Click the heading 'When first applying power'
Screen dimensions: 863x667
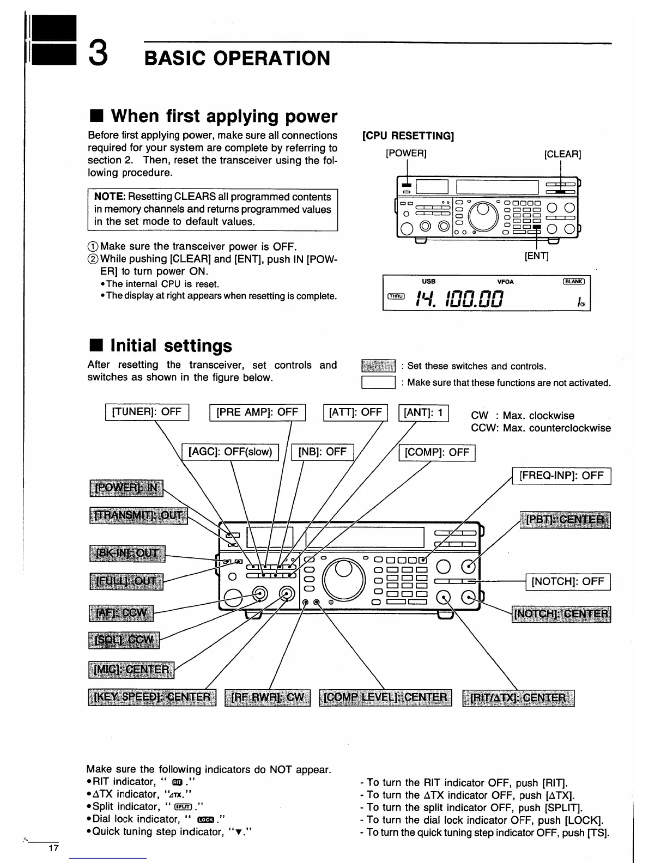224,116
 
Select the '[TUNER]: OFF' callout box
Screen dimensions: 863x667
147,412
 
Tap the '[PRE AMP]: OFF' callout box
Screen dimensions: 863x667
257,413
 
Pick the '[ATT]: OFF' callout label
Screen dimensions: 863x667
355,412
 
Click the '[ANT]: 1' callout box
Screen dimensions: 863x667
423,412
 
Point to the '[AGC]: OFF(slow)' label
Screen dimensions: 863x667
230,452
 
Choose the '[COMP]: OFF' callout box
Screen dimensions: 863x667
437,453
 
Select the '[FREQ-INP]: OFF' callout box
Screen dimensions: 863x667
561,476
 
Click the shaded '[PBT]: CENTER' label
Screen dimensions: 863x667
565,520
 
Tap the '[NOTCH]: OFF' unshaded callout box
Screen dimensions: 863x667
568,582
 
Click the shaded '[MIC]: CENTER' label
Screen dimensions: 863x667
131,669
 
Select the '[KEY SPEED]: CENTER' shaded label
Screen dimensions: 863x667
152,698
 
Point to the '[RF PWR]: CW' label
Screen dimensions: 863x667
268,698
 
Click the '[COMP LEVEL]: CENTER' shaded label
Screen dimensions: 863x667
385,698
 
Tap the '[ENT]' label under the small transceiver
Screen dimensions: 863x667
536,256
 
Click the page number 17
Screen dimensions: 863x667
53,848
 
